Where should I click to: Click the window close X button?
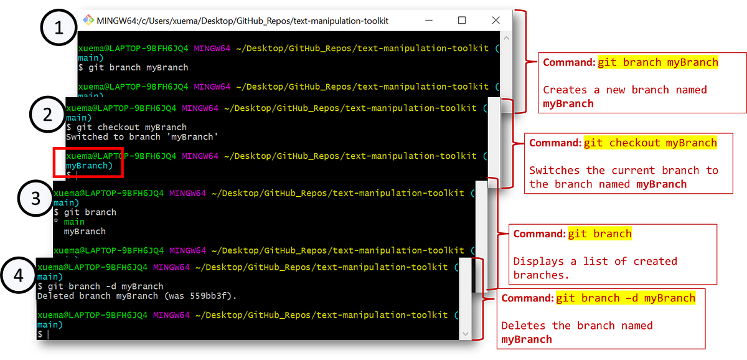click(496, 20)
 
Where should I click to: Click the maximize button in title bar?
click(462, 20)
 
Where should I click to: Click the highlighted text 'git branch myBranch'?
click(657, 62)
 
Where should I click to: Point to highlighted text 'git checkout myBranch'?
click(650, 143)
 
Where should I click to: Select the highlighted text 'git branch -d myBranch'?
click(626, 298)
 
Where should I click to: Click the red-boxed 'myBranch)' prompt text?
click(90, 166)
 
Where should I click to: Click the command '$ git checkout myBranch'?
click(126, 127)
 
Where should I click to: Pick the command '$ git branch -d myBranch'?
click(100, 287)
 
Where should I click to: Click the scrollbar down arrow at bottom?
click(465, 334)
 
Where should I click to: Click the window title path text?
click(243, 21)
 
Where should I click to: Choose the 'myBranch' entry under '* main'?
click(85, 231)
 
